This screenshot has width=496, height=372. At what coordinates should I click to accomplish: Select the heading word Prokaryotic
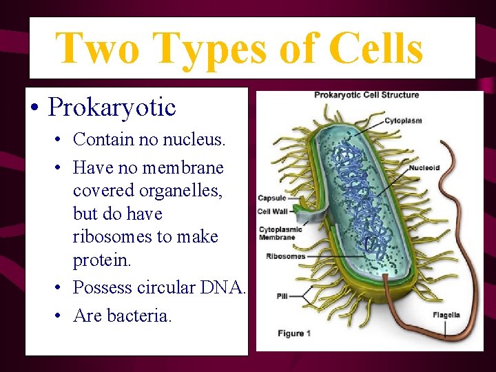coord(112,107)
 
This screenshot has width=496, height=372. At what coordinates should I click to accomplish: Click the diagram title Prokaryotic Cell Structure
coord(366,95)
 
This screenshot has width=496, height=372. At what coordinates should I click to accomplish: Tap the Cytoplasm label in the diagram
coord(403,121)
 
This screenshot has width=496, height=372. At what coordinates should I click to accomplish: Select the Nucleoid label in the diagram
coord(424,167)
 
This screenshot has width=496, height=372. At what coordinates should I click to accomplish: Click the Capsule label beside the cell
coord(272,198)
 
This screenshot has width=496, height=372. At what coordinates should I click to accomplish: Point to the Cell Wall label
coord(273,211)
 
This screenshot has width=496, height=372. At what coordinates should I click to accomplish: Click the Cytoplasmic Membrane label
coord(278,234)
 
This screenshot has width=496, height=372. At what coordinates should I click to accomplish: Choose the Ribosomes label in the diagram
coord(285,256)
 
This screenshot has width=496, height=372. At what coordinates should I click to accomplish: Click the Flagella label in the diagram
coord(446,316)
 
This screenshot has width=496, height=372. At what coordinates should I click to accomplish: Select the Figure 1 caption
coord(294,333)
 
